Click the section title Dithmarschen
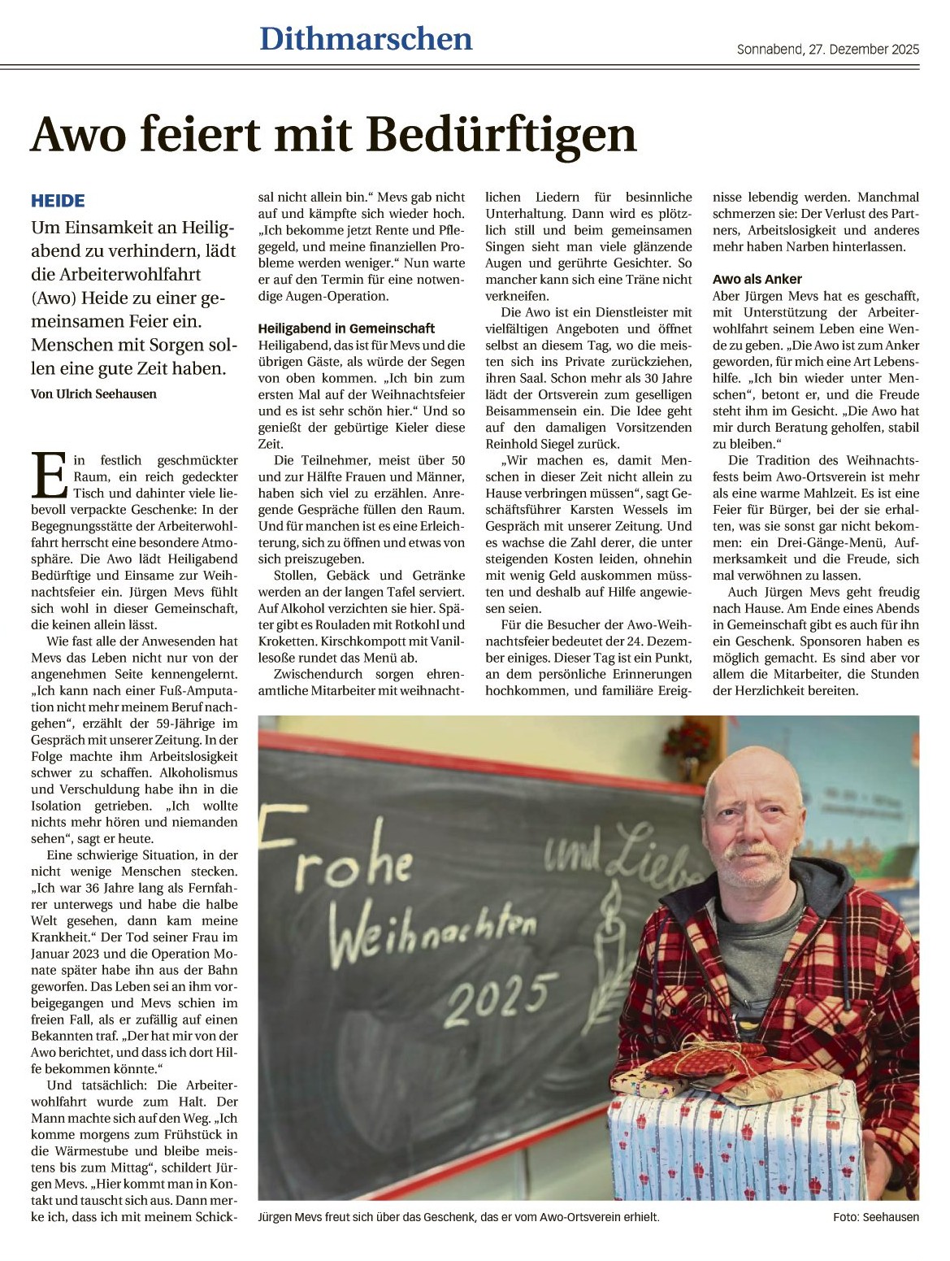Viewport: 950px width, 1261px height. pos(366,39)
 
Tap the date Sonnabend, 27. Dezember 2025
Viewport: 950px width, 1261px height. pos(827,50)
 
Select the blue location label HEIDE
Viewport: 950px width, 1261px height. pos(58,201)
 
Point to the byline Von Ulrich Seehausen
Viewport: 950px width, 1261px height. pos(93,394)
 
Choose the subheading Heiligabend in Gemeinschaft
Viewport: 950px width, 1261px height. pos(346,328)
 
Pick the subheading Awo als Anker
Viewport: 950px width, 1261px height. pos(757,279)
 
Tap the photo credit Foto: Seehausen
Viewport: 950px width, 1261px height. pos(875,1217)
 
